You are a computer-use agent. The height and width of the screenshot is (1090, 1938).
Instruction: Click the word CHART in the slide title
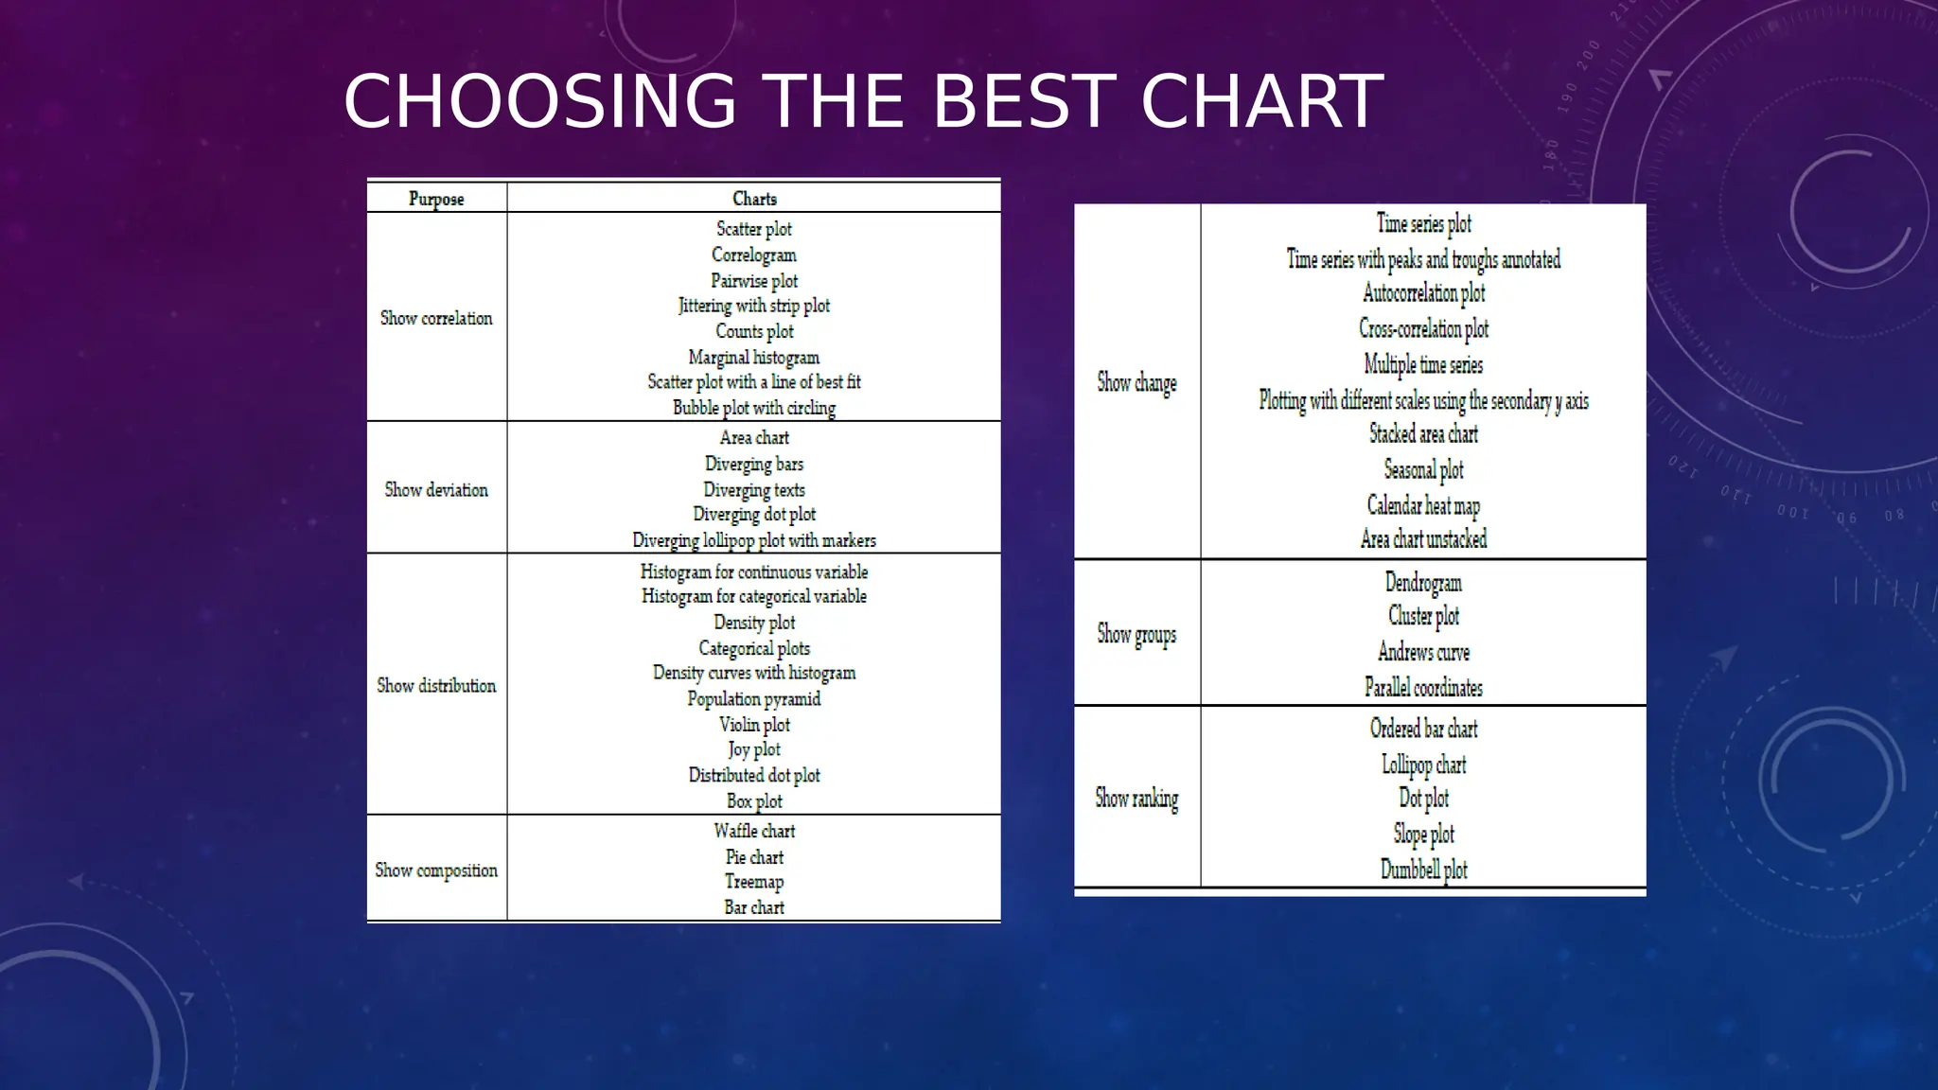(x=1261, y=101)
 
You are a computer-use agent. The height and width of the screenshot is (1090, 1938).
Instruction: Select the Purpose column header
(x=436, y=199)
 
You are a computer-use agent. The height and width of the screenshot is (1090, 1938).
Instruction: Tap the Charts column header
(x=754, y=199)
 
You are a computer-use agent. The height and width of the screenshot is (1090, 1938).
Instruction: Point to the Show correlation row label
(x=436, y=318)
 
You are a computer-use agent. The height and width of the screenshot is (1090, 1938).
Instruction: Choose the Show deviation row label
(x=436, y=489)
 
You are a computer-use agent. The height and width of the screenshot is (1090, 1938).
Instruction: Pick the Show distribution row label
(x=436, y=685)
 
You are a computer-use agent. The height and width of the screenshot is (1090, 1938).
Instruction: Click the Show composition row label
(x=436, y=870)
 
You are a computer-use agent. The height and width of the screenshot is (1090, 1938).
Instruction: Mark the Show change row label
(x=1136, y=382)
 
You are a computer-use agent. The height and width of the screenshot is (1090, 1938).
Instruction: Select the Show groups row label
(x=1136, y=633)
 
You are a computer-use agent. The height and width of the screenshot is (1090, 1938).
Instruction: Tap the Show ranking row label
(x=1136, y=798)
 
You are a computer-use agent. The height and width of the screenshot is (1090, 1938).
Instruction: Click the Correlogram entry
(x=754, y=255)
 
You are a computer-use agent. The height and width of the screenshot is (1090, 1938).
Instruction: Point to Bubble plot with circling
(x=754, y=408)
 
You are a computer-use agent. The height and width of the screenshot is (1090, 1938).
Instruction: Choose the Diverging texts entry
(x=754, y=489)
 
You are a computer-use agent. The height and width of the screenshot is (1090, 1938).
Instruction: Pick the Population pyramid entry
(x=754, y=698)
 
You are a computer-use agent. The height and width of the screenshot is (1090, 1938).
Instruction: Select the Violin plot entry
(x=754, y=725)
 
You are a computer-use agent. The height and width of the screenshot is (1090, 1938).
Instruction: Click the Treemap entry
(x=754, y=882)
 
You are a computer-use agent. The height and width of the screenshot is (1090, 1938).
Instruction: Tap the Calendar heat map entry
(x=1423, y=505)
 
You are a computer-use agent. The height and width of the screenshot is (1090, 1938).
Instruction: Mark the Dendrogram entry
(x=1423, y=582)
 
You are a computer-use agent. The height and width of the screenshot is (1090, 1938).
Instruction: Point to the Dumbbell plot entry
(x=1423, y=870)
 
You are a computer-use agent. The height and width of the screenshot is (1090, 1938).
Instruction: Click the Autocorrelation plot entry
(x=1423, y=293)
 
